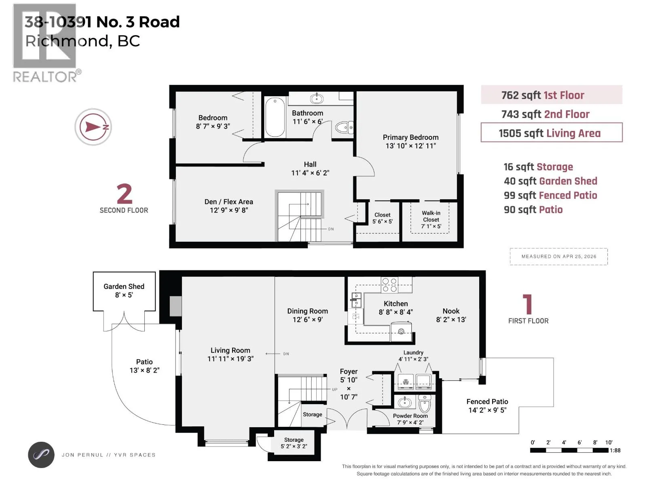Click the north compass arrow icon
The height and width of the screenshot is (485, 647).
[x=93, y=127]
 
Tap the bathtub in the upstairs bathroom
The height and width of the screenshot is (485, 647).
[x=275, y=117]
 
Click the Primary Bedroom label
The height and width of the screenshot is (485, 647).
[x=410, y=137]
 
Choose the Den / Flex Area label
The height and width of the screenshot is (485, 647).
[x=229, y=202]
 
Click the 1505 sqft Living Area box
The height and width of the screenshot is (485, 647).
[x=552, y=133]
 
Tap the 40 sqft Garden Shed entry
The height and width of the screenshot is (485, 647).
[x=550, y=181]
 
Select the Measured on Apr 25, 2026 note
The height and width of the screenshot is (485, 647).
[x=558, y=257]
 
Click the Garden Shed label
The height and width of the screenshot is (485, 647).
[x=124, y=287]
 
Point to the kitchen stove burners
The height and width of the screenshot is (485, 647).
[x=389, y=285]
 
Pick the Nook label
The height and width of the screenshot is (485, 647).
[x=451, y=311]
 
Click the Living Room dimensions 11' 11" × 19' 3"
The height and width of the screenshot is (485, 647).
[x=230, y=358]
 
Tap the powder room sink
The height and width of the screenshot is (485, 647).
[x=405, y=402]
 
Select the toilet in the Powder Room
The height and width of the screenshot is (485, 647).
[x=425, y=404]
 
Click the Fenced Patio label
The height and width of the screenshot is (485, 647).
[x=487, y=402]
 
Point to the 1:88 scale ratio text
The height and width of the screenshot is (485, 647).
[x=615, y=450]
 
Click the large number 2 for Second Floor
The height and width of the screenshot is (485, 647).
[x=124, y=194]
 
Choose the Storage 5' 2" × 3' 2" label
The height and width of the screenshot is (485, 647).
[x=294, y=443]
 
